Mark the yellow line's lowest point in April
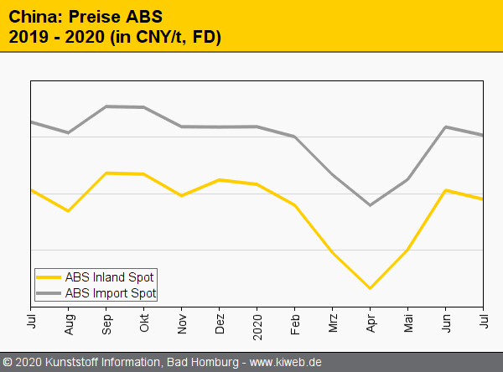click(370, 288)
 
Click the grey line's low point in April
click(370, 205)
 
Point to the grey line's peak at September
click(106, 106)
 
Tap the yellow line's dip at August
click(69, 211)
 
